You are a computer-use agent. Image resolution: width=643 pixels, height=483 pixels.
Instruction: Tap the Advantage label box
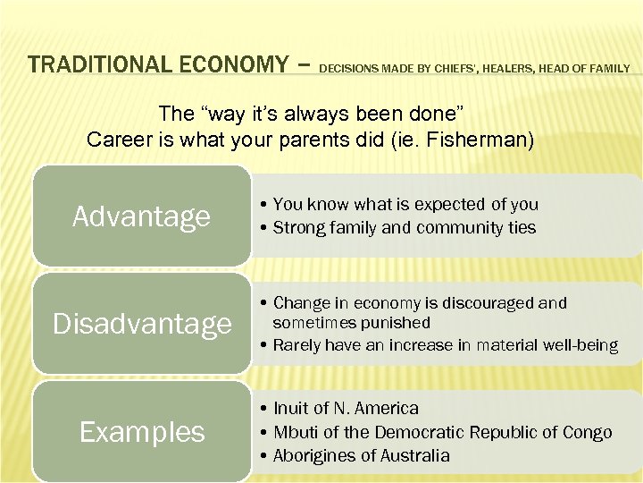coord(141,216)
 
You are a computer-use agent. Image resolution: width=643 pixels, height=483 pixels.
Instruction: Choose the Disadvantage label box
coord(141,324)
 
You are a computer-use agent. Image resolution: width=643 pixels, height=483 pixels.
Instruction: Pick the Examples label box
coord(141,432)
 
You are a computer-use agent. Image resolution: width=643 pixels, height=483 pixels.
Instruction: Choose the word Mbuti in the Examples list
coord(294,433)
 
